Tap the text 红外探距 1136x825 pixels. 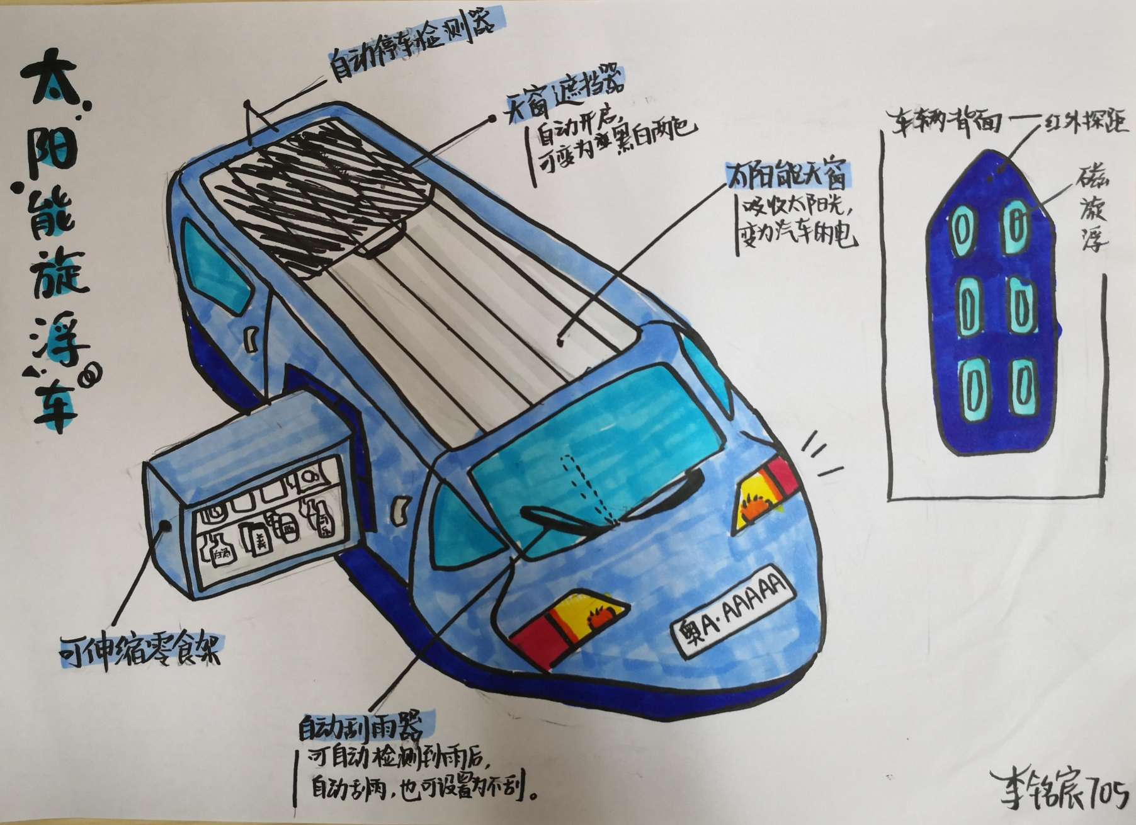coord(1083,122)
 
